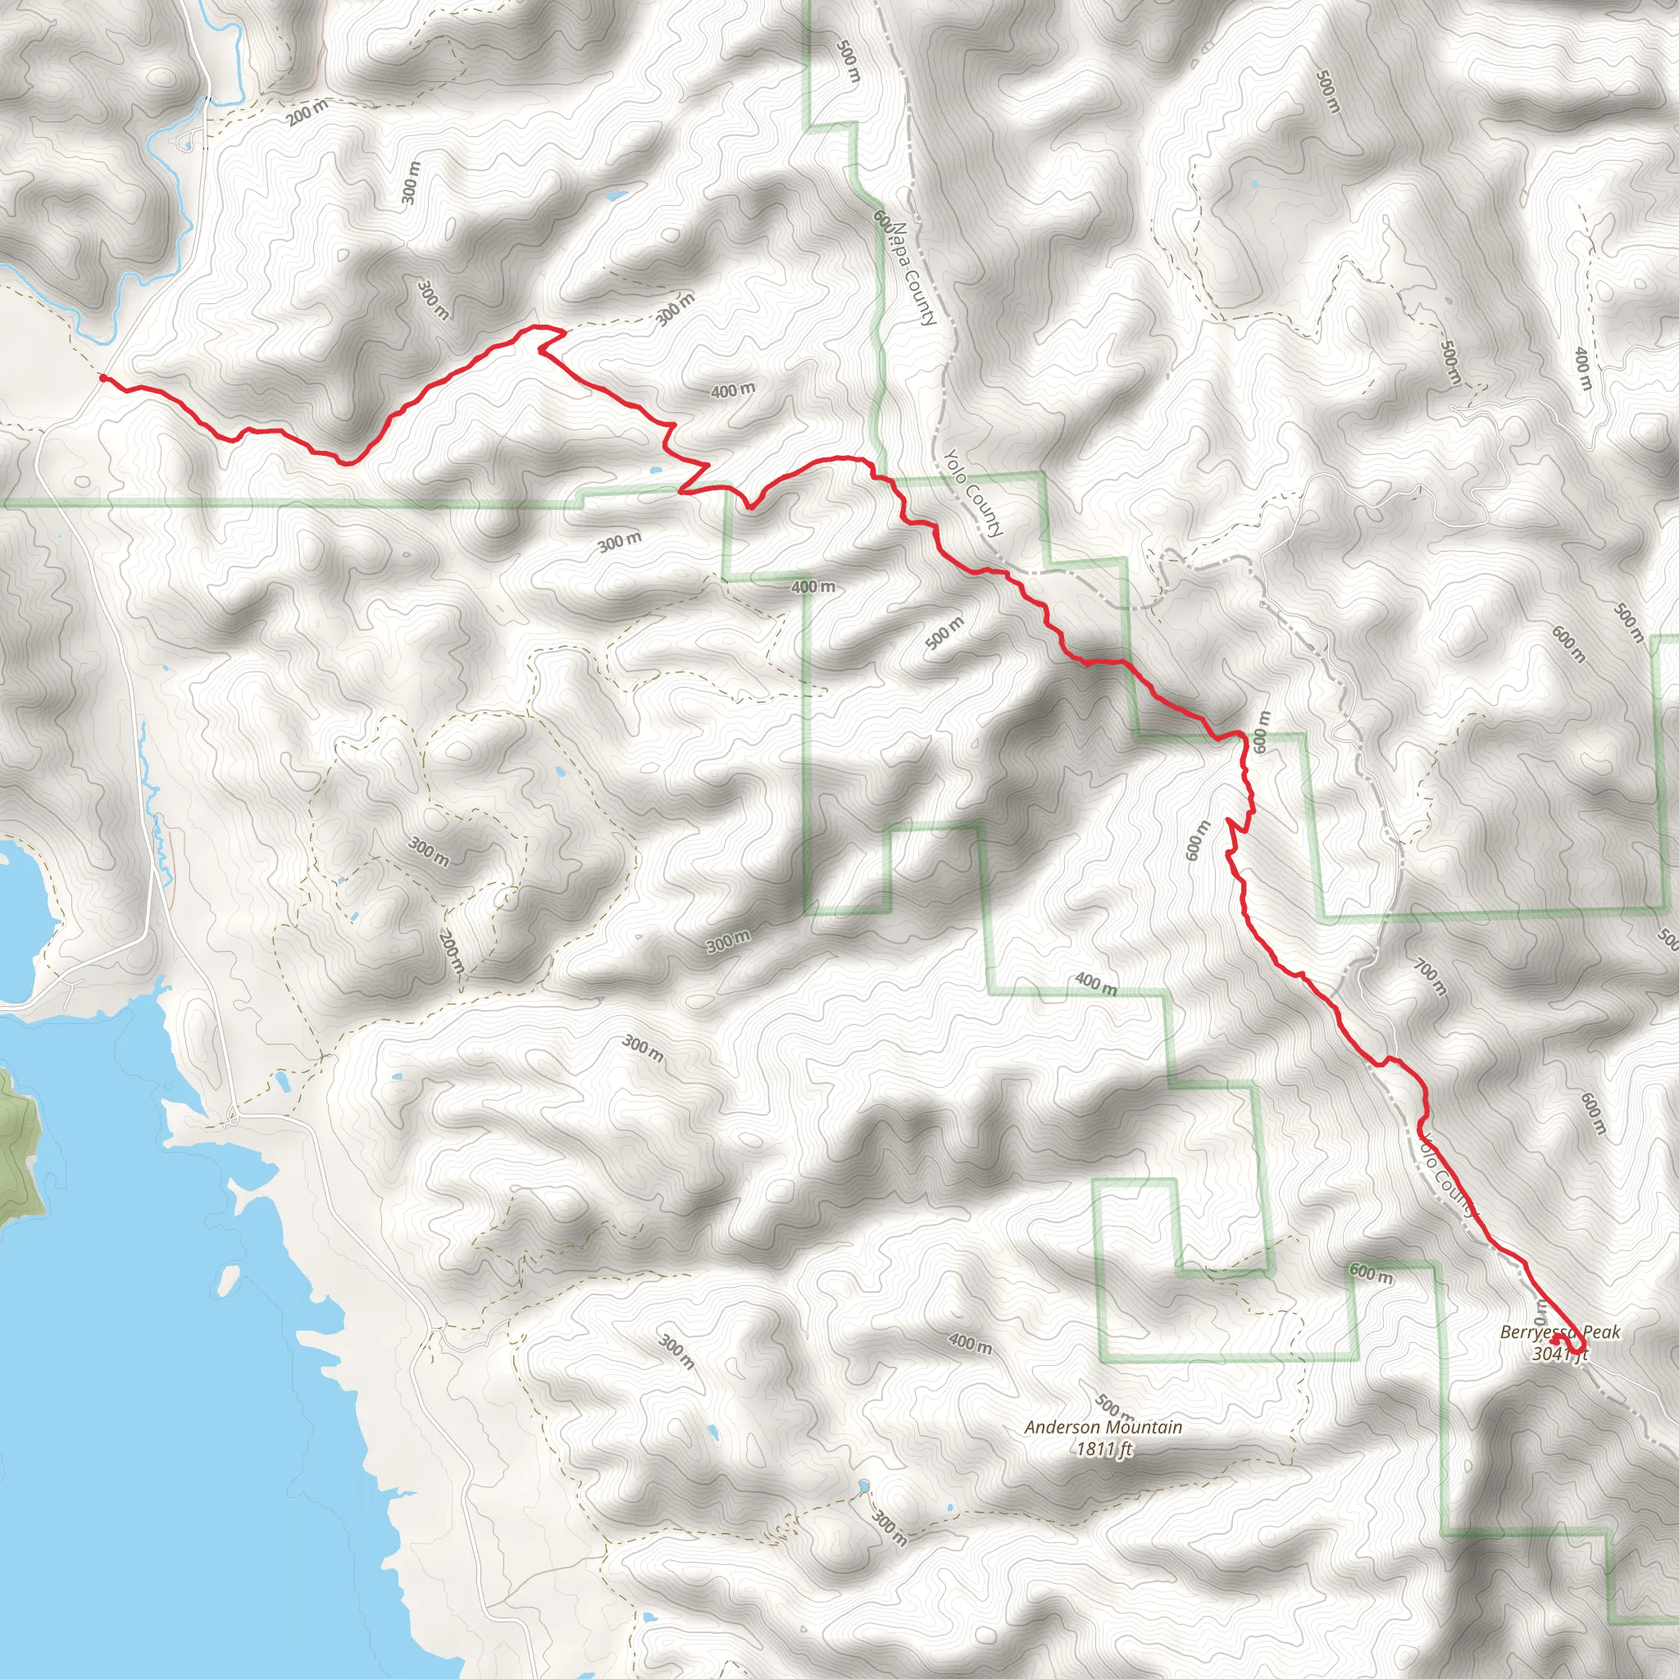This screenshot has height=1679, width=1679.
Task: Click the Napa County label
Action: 913,273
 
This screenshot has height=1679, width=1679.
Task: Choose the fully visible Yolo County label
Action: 973,492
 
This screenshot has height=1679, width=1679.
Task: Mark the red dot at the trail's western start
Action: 103,377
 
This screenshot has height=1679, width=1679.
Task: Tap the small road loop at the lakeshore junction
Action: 232,1117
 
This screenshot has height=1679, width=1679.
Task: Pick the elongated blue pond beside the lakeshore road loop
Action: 284,1082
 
